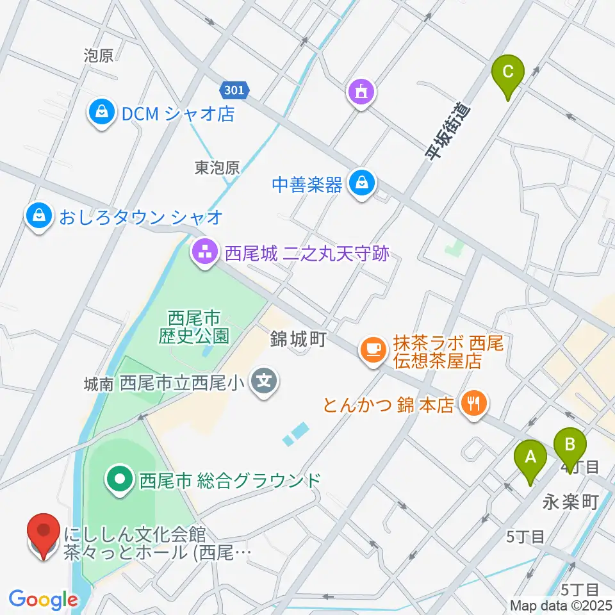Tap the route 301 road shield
tap(234, 90)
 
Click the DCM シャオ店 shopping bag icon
tap(101, 113)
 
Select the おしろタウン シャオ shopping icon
tap(40, 217)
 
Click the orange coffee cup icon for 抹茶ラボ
tap(373, 350)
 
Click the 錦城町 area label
tap(299, 339)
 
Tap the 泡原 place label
tap(98, 56)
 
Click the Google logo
tap(43, 599)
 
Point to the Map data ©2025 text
tap(561, 605)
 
